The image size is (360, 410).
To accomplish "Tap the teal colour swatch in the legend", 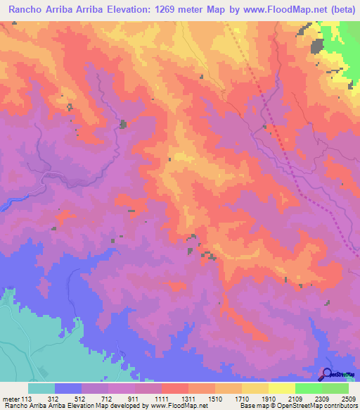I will pos(41,388).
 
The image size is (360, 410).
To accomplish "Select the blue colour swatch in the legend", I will pos(68,388).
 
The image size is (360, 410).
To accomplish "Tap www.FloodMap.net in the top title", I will pos(276,10).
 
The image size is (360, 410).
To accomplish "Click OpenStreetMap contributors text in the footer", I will pos(319,405).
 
